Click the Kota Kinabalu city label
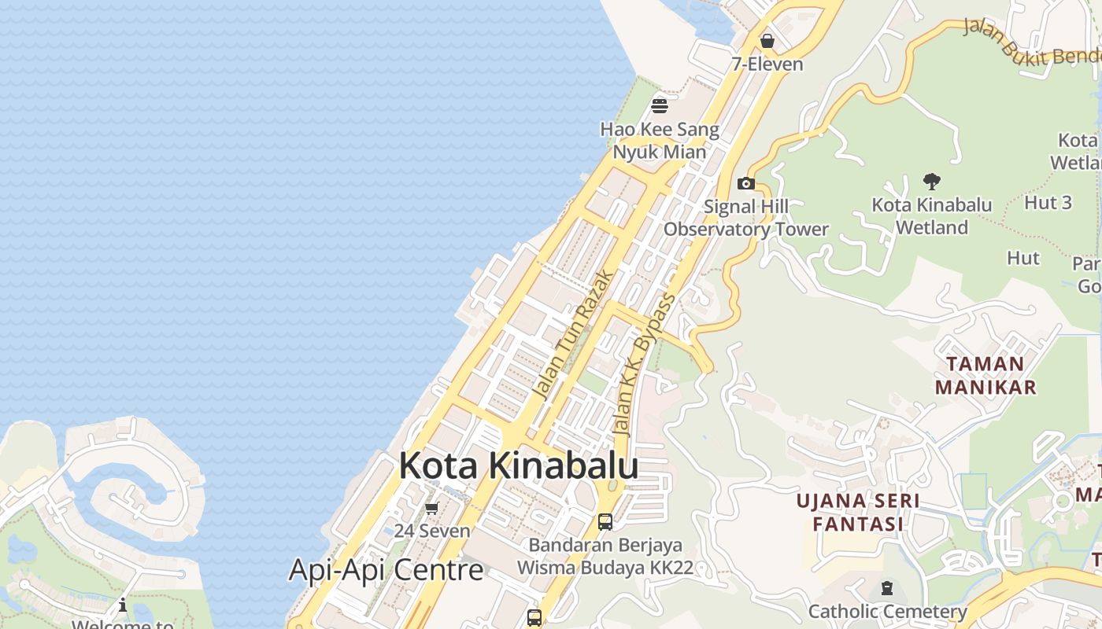(x=518, y=466)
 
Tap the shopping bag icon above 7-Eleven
(x=767, y=40)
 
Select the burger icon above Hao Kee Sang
(x=660, y=105)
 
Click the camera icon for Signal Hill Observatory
(x=745, y=184)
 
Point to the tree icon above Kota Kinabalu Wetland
(x=932, y=182)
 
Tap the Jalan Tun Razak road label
(x=572, y=333)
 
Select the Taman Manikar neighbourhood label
(x=985, y=375)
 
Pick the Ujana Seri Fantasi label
(x=857, y=512)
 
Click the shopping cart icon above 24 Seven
(x=431, y=509)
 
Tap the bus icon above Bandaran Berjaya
(x=605, y=521)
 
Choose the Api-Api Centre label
(x=386, y=569)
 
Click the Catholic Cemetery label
(x=887, y=611)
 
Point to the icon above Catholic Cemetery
(x=887, y=588)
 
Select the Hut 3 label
(x=1048, y=202)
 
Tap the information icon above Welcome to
(x=123, y=605)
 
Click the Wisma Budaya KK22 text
(x=605, y=567)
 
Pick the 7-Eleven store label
(x=767, y=64)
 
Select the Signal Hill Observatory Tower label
(x=745, y=218)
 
